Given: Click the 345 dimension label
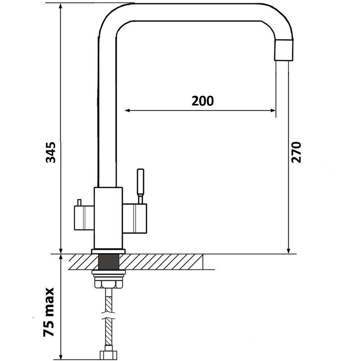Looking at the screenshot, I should point(51,152).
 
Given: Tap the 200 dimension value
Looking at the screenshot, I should point(203,101).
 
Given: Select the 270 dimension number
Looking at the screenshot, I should point(296,152).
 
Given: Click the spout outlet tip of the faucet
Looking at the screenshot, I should point(284,51).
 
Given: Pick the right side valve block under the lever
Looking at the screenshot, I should point(135,218).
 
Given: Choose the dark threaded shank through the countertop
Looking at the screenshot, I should point(108,261).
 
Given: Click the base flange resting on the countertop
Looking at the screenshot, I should point(108,251).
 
